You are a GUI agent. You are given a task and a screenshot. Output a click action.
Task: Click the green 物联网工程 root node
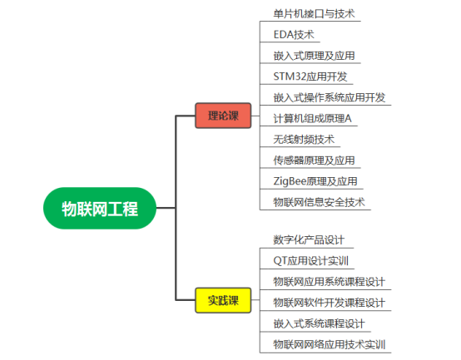click(100, 208)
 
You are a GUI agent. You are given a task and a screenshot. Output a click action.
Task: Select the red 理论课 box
click(223, 116)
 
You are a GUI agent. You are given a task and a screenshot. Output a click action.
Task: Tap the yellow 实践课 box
click(223, 300)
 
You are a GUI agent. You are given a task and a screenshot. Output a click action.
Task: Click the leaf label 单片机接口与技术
click(314, 14)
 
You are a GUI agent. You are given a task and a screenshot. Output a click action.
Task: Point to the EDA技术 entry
click(294, 35)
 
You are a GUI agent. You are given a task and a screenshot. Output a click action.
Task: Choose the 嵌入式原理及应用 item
click(314, 56)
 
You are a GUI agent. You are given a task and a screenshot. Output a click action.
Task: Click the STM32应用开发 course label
click(310, 76)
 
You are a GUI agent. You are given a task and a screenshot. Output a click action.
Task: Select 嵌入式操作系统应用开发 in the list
click(330, 97)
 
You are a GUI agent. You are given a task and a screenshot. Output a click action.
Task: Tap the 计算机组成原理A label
click(313, 118)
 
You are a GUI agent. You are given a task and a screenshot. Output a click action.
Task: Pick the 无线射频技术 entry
click(304, 140)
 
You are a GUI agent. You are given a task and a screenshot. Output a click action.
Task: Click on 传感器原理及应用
click(314, 160)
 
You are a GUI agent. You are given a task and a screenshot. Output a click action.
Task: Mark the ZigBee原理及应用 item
click(315, 181)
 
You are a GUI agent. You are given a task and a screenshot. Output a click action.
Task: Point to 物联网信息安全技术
click(319, 202)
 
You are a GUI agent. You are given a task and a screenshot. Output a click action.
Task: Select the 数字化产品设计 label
click(309, 240)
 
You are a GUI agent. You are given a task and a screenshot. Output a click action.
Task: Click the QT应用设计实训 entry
click(310, 261)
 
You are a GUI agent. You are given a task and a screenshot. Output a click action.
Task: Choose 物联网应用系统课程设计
click(330, 282)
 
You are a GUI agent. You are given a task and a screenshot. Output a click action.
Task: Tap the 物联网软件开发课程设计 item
click(330, 303)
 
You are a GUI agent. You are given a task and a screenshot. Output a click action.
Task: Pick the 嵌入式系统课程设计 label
click(319, 324)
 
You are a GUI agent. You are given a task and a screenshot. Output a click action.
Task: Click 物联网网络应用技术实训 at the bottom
click(330, 345)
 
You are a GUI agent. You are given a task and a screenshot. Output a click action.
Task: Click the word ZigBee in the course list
click(290, 181)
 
